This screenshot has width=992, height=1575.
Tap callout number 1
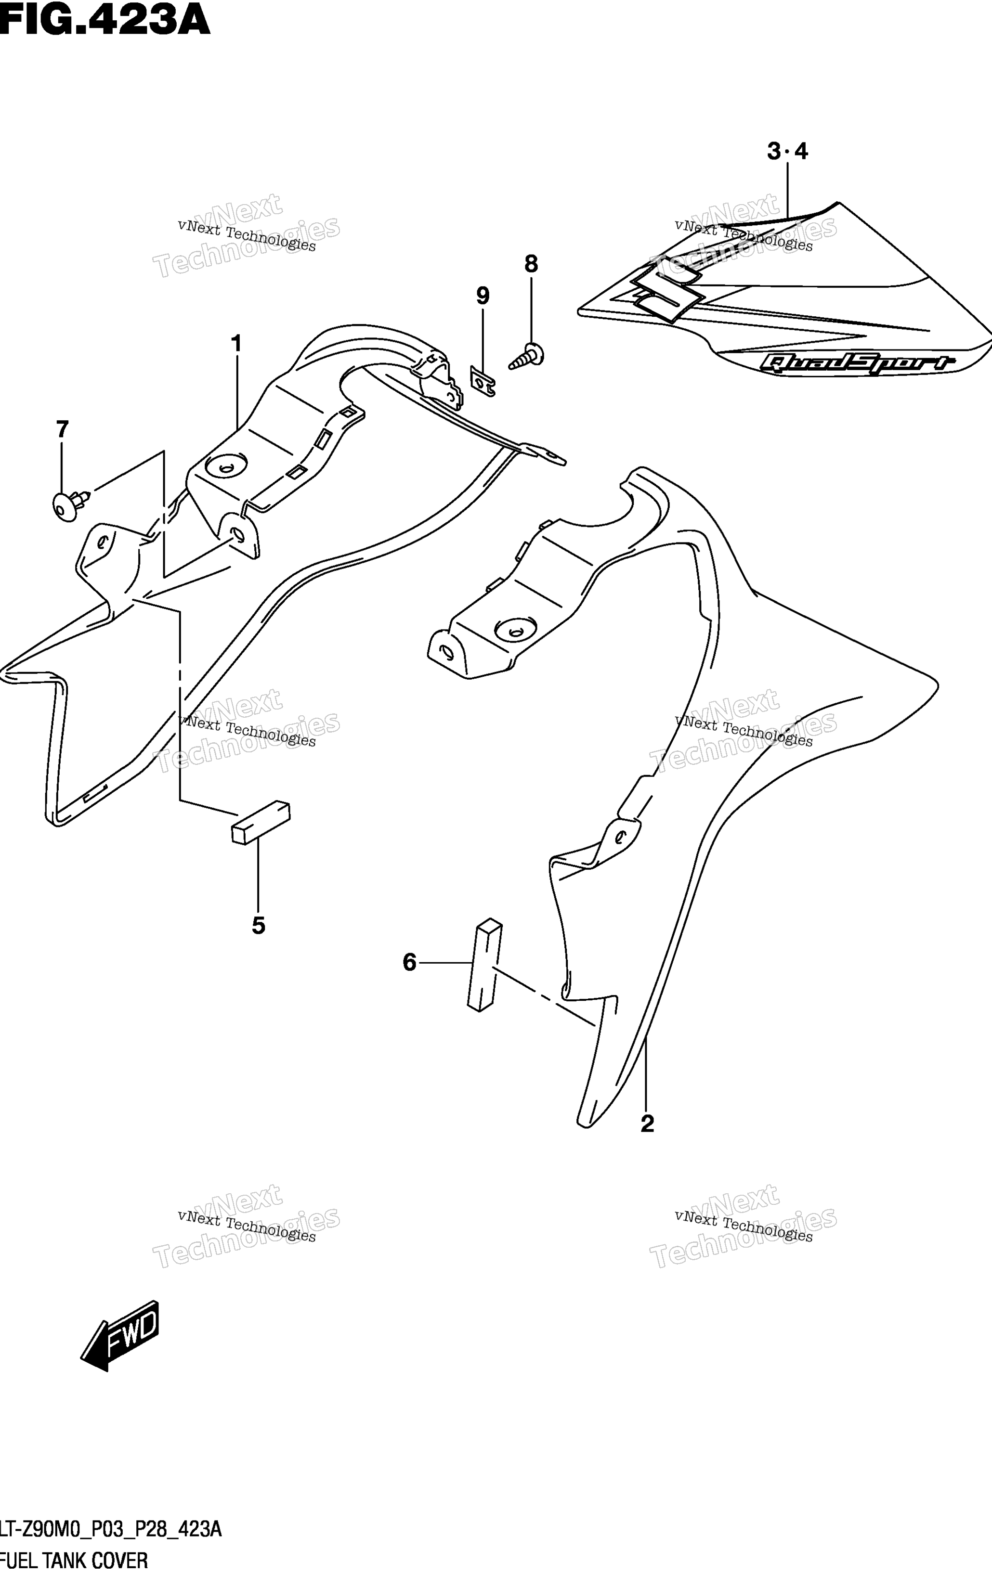click(x=236, y=343)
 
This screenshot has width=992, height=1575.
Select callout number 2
click(x=647, y=1123)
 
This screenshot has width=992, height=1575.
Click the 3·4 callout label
click(x=788, y=152)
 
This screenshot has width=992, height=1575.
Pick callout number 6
click(x=410, y=962)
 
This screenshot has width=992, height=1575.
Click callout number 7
click(x=62, y=430)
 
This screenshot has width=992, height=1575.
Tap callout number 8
click(x=531, y=264)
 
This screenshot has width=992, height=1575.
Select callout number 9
click(x=483, y=297)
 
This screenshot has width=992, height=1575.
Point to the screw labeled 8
click(x=527, y=357)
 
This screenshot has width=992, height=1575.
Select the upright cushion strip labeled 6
click(x=485, y=965)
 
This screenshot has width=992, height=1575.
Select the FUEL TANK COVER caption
click(x=74, y=1560)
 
